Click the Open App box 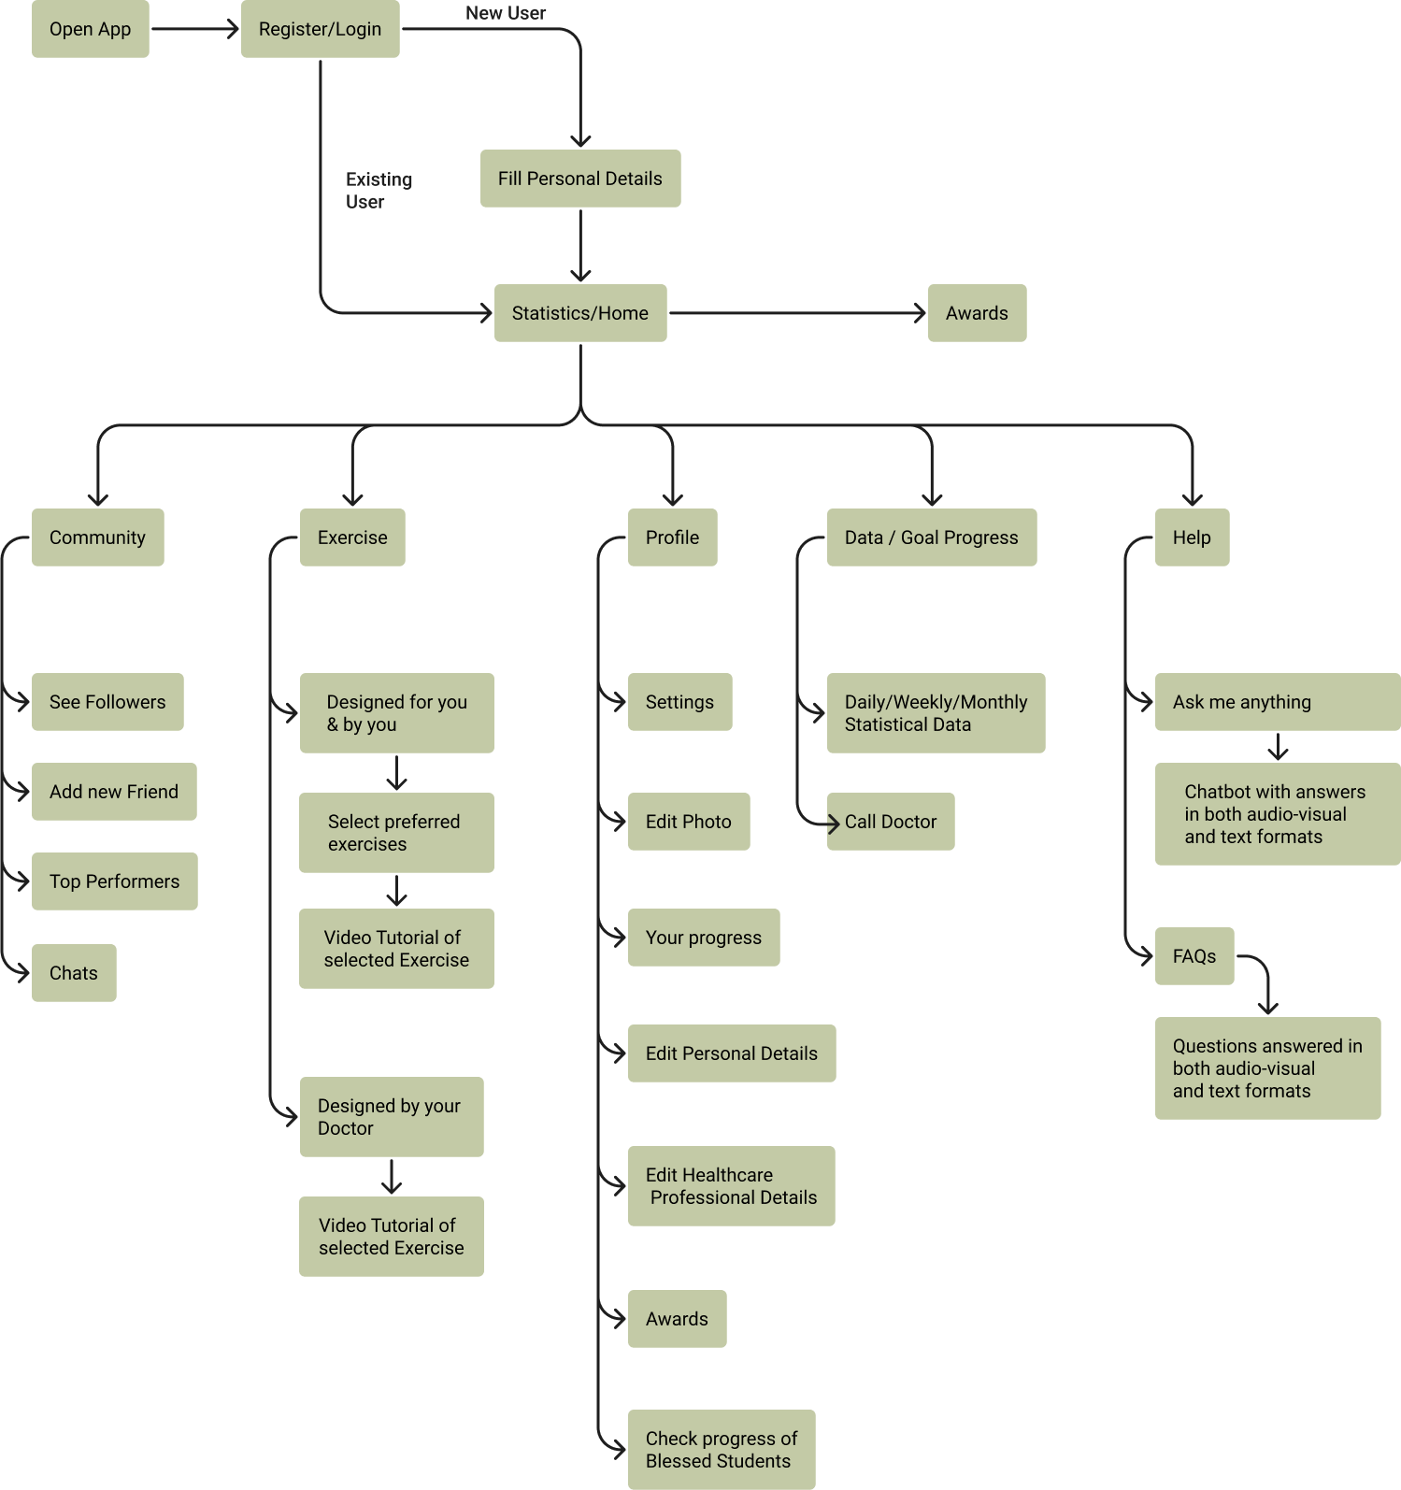[91, 29]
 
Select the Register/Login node [320, 29]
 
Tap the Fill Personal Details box [579, 179]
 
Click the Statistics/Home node [579, 313]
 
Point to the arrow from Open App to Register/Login [194, 29]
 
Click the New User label [505, 13]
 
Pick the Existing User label [379, 191]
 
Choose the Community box [97, 537]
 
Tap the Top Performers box [114, 881]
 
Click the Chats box [74, 973]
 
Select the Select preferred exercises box [396, 833]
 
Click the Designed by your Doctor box [392, 1117]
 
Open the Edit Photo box [688, 822]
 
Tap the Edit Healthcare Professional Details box [731, 1186]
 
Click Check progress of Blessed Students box [721, 1450]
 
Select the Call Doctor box [890, 822]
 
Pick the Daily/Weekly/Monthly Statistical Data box [936, 713]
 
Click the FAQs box [1194, 956]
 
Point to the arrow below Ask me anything [1278, 747]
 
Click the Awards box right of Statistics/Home [977, 313]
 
